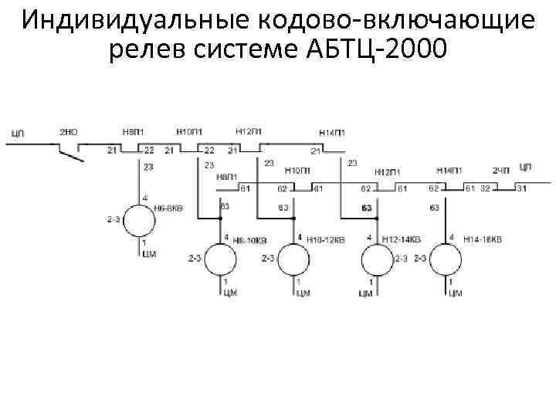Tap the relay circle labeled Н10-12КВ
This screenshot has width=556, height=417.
[294, 259]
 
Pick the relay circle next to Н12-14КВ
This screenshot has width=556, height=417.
[377, 259]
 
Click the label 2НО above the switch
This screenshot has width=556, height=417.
[68, 133]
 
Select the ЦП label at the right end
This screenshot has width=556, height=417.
[527, 168]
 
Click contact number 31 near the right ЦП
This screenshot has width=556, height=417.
[522, 188]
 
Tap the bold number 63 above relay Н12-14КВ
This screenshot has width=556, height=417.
[367, 208]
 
